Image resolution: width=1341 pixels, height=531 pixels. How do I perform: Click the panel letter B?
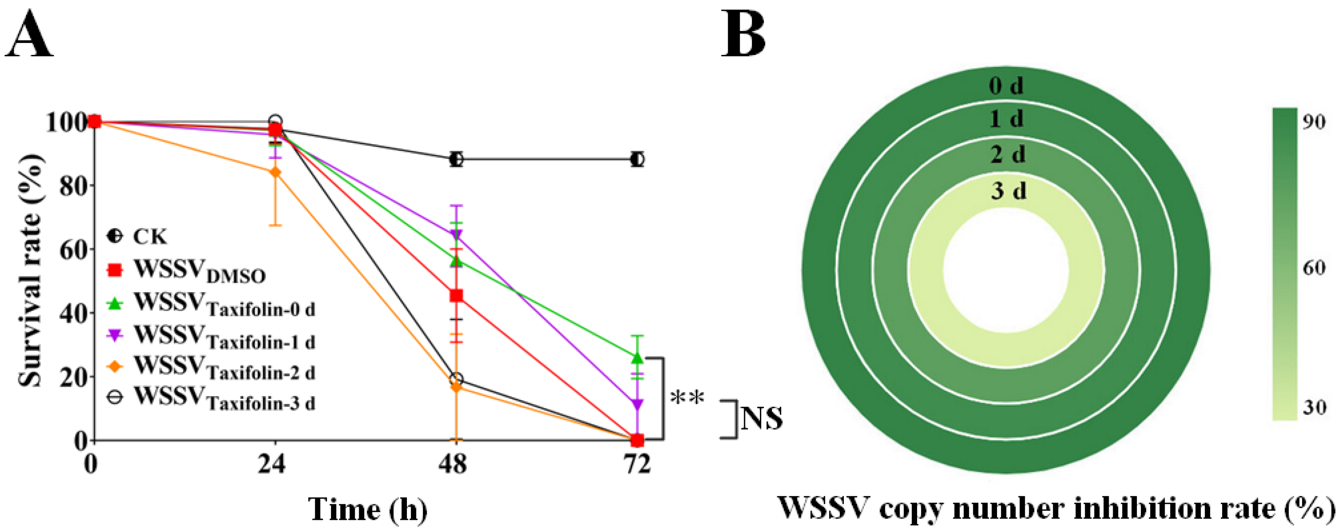point(743,35)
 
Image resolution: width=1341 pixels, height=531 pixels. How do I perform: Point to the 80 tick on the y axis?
point(73,186)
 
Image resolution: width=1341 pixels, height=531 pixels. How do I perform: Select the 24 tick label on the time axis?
point(272,463)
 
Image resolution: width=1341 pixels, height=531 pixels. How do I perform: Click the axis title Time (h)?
point(368,510)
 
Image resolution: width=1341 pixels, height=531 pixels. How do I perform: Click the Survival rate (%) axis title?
point(30,271)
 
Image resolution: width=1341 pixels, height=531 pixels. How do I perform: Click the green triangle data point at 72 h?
point(637,358)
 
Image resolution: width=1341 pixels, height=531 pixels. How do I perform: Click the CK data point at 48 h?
point(456,159)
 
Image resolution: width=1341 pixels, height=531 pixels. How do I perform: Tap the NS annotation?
point(761,418)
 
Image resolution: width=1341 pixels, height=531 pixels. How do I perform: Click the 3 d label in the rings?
point(1008,191)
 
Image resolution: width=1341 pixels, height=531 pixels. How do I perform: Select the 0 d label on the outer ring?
point(1006,85)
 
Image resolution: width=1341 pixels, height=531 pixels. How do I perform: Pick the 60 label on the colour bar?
point(1314,268)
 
